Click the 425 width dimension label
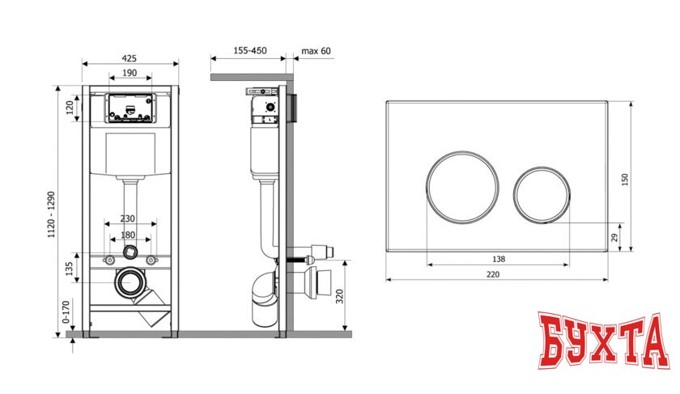tap(129, 58)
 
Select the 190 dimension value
tap(130, 73)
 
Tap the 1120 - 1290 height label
tap(52, 214)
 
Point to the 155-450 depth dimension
tap(250, 50)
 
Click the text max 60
tap(316, 51)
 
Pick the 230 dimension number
tap(128, 218)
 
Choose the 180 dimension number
tap(128, 235)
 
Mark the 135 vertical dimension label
tap(69, 269)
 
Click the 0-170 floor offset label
tap(66, 312)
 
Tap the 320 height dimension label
tap(339, 296)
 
